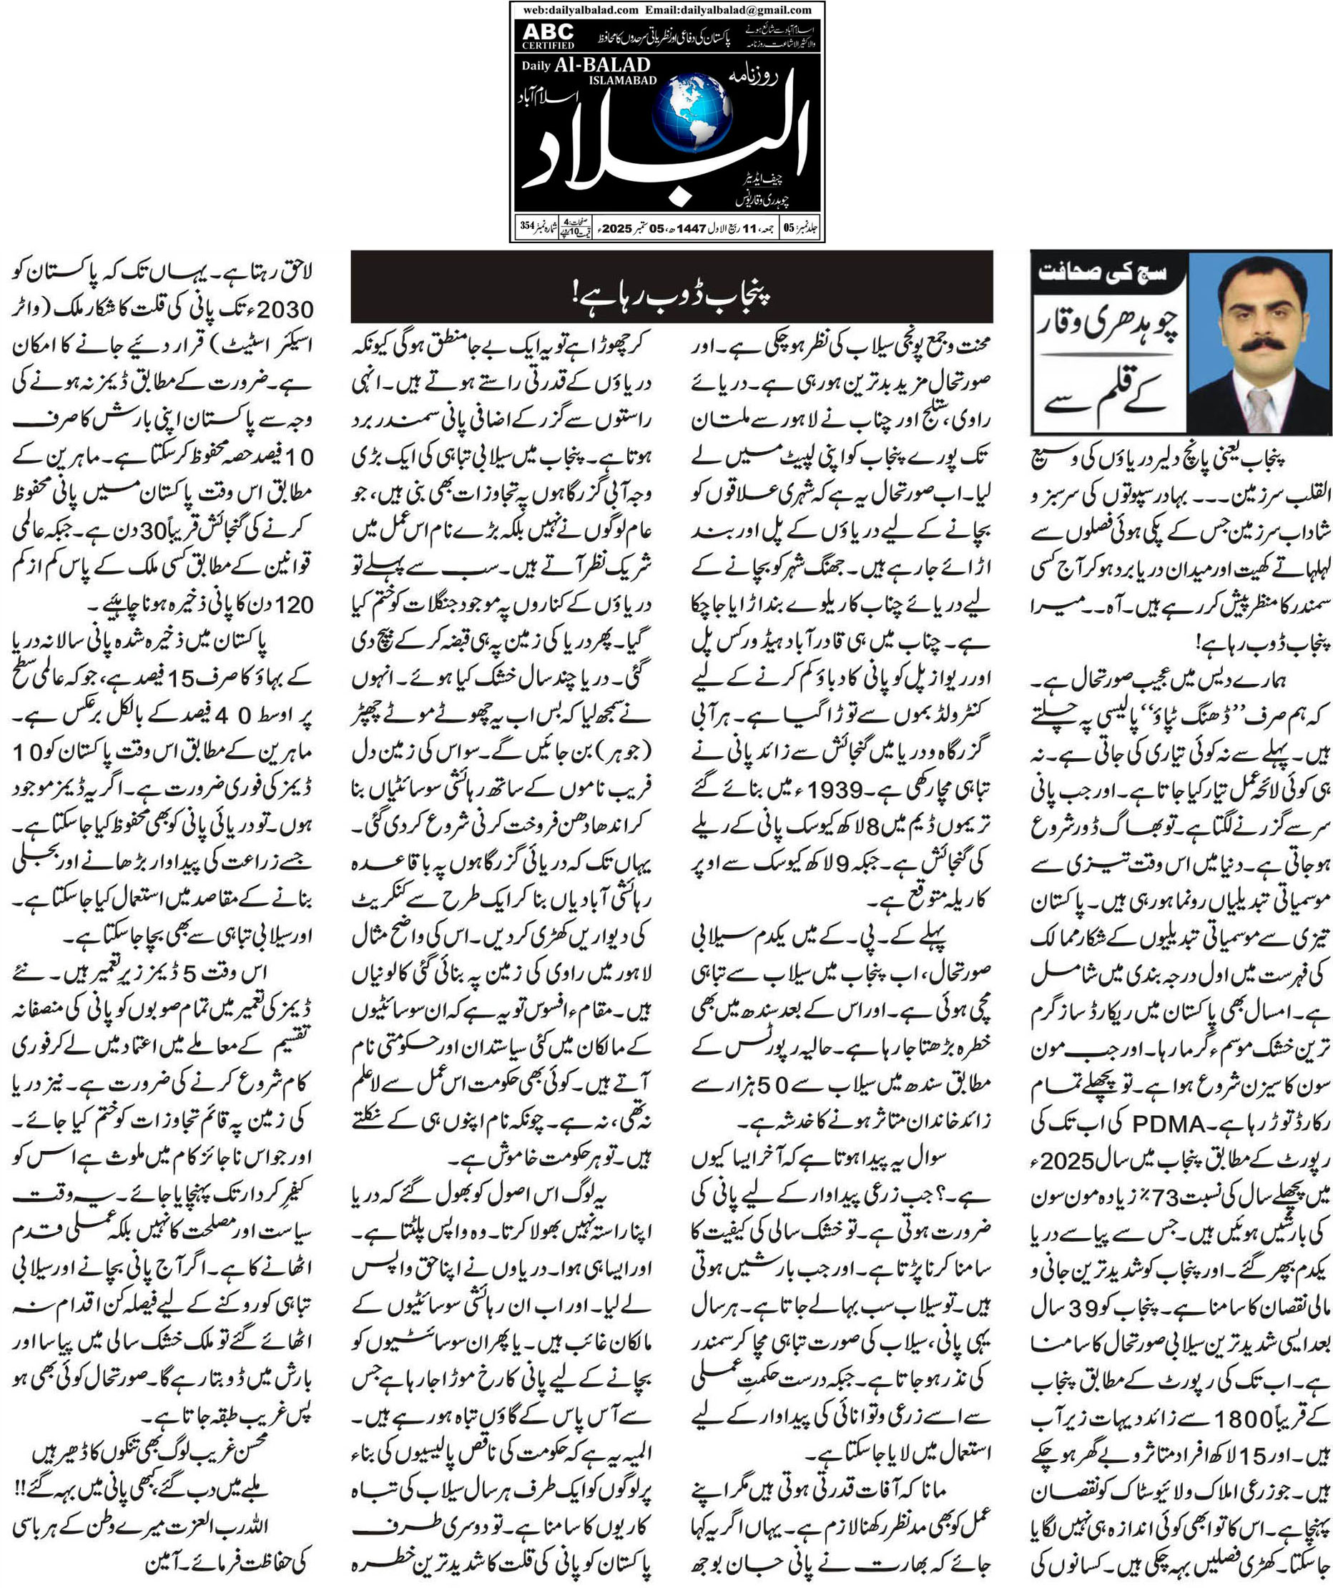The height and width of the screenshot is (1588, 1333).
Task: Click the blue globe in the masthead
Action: click(x=691, y=116)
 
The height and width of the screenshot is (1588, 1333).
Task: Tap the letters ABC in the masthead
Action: click(x=549, y=31)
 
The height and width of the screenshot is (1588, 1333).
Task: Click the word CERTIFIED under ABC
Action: click(x=549, y=45)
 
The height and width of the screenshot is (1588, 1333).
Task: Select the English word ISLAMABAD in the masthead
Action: click(x=622, y=81)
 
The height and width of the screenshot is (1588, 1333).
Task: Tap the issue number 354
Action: click(x=527, y=225)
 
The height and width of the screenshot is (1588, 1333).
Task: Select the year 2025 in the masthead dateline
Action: click(x=618, y=227)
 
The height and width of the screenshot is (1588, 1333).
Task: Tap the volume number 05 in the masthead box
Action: click(x=789, y=227)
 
